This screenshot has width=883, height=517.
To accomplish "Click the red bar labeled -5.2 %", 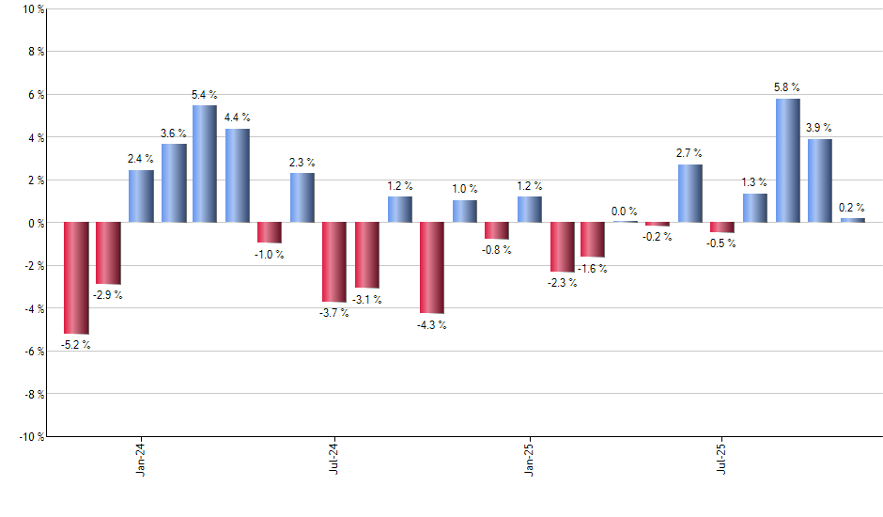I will pyautogui.click(x=76, y=278).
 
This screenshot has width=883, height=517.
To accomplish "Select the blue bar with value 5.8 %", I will pyautogui.click(x=788, y=161).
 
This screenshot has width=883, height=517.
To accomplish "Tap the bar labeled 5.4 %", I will pyautogui.click(x=205, y=164).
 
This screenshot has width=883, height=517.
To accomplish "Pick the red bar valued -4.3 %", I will pyautogui.click(x=432, y=268).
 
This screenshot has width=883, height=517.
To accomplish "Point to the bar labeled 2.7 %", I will pyautogui.click(x=690, y=194).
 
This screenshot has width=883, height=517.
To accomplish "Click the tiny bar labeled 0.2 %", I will pyautogui.click(x=853, y=220).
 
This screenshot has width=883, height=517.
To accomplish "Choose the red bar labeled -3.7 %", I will pyautogui.click(x=334, y=262).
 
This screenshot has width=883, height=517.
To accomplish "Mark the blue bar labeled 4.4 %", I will pyautogui.click(x=238, y=176).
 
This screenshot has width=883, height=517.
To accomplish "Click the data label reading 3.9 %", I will pyautogui.click(x=819, y=128).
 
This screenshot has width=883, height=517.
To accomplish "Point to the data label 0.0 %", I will pyautogui.click(x=626, y=211).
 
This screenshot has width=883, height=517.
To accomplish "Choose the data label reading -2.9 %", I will pyautogui.click(x=108, y=295).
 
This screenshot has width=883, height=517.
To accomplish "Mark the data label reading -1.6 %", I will pyautogui.click(x=593, y=269).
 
